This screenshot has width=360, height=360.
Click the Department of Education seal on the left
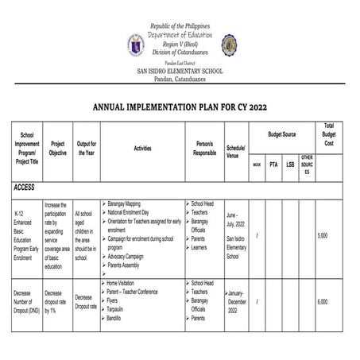135,45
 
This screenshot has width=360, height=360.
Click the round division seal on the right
229,45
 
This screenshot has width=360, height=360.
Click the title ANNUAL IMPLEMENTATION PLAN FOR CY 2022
180,105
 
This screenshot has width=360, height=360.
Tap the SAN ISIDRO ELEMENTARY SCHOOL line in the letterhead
180,72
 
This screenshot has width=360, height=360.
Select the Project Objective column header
57,148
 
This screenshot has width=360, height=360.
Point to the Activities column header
142,148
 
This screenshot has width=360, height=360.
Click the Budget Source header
281,134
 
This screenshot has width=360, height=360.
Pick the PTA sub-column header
273,164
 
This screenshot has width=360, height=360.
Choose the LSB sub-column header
290,164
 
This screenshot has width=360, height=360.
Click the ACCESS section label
29,188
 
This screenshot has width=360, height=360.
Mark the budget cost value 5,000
322,236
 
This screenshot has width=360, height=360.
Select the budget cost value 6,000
322,302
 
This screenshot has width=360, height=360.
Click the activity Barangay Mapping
129,203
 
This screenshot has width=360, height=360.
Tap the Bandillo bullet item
118,318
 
